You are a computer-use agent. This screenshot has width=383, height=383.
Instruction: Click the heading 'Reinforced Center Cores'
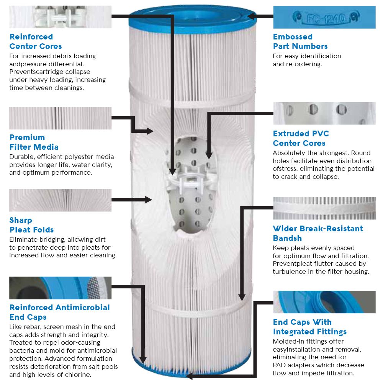pyautogui.click(x=36, y=42)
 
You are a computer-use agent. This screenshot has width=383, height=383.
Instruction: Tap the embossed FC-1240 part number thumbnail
pyautogui.click(x=324, y=17)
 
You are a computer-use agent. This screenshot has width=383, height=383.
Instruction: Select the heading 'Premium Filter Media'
pyautogui.click(x=34, y=142)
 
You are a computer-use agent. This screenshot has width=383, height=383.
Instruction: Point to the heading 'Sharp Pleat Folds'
pyautogui.click(x=31, y=225)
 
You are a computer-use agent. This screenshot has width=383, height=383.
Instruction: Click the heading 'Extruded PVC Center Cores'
pyautogui.click(x=301, y=138)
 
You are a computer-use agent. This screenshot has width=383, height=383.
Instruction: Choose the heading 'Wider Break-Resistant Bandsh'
pyautogui.click(x=318, y=233)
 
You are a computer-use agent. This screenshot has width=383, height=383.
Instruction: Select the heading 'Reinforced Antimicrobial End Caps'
pyautogui.click(x=59, y=312)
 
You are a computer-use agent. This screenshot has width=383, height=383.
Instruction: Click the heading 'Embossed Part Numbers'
pyautogui.click(x=300, y=42)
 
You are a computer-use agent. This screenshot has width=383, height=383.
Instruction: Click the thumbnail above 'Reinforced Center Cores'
pyautogui.click(x=60, y=17)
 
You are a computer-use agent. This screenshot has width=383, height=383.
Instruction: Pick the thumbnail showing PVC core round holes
pyautogui.click(x=324, y=113)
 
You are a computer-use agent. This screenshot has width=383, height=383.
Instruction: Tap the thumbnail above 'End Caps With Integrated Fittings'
pyautogui.click(x=324, y=302)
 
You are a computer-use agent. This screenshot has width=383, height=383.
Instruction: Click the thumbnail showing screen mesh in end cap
pyautogui.click(x=60, y=288)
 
